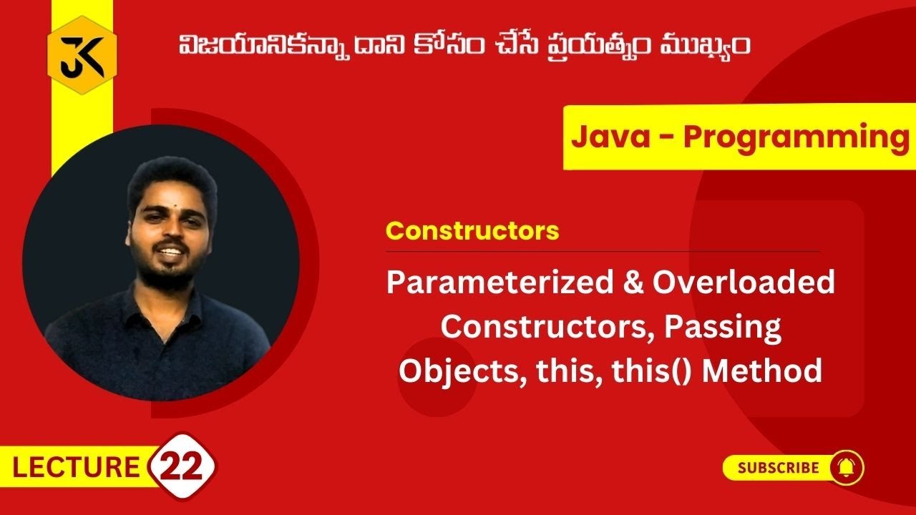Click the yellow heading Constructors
point(472,231)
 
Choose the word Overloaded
point(744,283)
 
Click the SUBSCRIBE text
point(778,469)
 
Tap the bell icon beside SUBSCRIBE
point(846,469)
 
